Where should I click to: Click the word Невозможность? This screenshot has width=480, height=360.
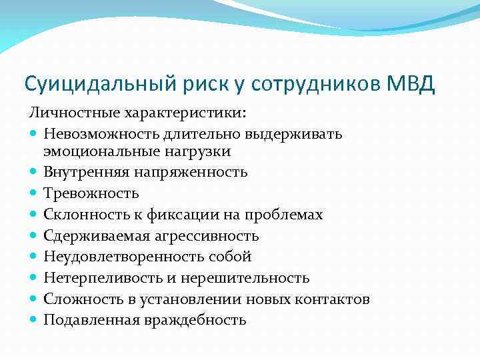click(94, 134)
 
